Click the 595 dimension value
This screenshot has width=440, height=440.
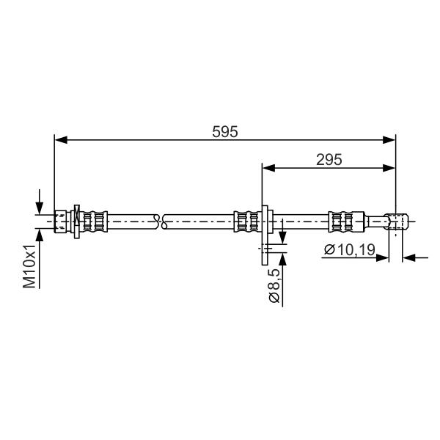click(x=225, y=131)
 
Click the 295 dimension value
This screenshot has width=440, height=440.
click(x=329, y=160)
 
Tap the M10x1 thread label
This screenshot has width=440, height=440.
click(x=29, y=266)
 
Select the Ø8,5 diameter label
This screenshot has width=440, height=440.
click(x=274, y=285)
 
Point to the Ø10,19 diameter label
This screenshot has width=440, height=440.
click(x=349, y=249)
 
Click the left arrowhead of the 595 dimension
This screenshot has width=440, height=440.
click(x=61, y=140)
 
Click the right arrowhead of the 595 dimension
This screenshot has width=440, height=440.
click(x=389, y=140)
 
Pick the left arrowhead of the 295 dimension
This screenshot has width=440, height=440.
click(x=268, y=168)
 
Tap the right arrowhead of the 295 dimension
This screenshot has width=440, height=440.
click(x=389, y=168)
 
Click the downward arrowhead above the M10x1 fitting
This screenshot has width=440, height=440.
click(x=40, y=208)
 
